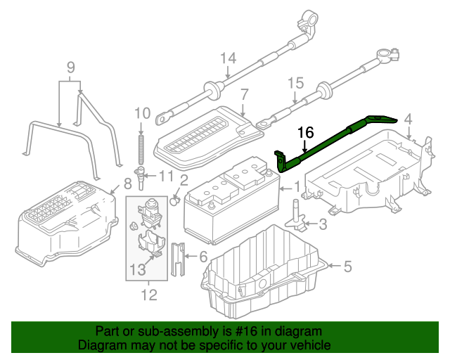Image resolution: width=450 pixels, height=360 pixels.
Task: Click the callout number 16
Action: (x=305, y=132)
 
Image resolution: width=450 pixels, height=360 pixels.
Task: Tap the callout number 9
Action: (x=70, y=67)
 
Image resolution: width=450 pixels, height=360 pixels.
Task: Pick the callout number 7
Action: (x=244, y=94)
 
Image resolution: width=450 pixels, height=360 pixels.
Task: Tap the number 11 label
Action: (x=165, y=175)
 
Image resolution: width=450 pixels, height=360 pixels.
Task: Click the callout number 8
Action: (x=127, y=184)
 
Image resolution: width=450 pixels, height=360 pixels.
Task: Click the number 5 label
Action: (x=347, y=266)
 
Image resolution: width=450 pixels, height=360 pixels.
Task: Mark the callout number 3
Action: (x=323, y=225)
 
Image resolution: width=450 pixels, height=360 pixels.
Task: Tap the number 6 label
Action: (x=203, y=257)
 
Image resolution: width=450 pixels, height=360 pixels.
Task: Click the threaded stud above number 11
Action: (x=141, y=147)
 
